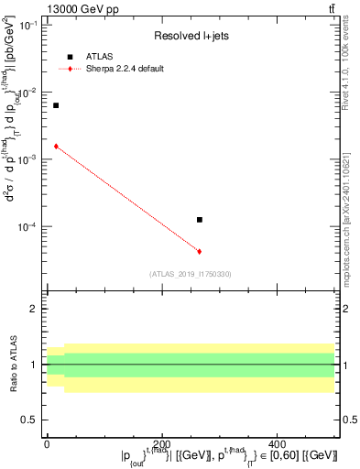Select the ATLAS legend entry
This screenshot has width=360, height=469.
pos(96,57)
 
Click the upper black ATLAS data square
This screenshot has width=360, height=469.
pos(56,105)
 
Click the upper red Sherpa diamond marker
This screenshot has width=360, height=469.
pos(56,146)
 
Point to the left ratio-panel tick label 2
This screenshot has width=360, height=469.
pos(34,310)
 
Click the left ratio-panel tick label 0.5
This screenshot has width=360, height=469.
pos(30,420)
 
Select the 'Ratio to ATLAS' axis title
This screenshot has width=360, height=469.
pos(13,365)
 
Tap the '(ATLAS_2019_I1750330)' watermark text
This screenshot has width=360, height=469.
pos(191,274)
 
